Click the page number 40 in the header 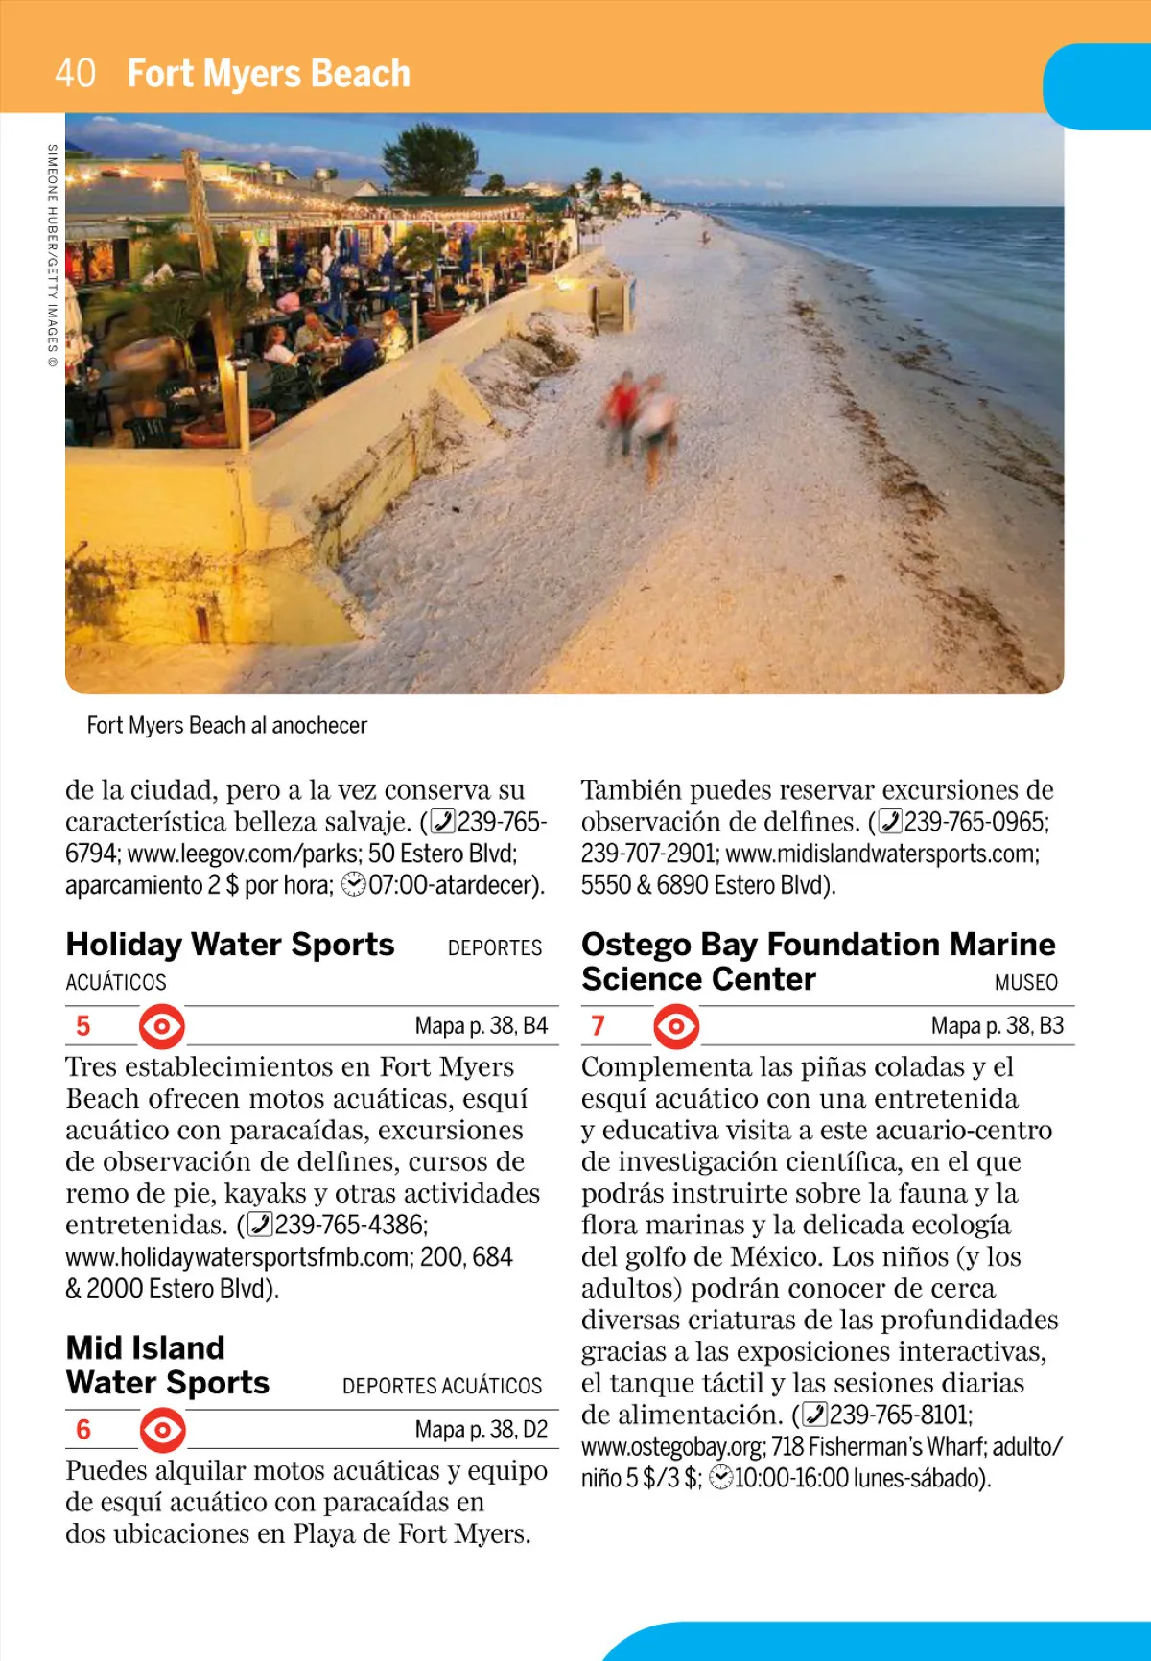[75, 73]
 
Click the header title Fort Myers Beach [269, 74]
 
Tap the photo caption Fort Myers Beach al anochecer [226, 726]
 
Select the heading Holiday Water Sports [230, 945]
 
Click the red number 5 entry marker [83, 1026]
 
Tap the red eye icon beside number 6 [162, 1430]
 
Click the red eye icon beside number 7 [676, 1026]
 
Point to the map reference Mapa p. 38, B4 [481, 1026]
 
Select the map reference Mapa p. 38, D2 [481, 1430]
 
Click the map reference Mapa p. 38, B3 [997, 1026]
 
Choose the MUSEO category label [1025, 983]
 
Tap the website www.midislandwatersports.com [880, 854]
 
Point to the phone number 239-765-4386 [349, 1226]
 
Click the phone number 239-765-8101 [900, 1415]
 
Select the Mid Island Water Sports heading [168, 1366]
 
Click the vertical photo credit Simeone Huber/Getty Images [52, 255]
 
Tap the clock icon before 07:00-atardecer [354, 885]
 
